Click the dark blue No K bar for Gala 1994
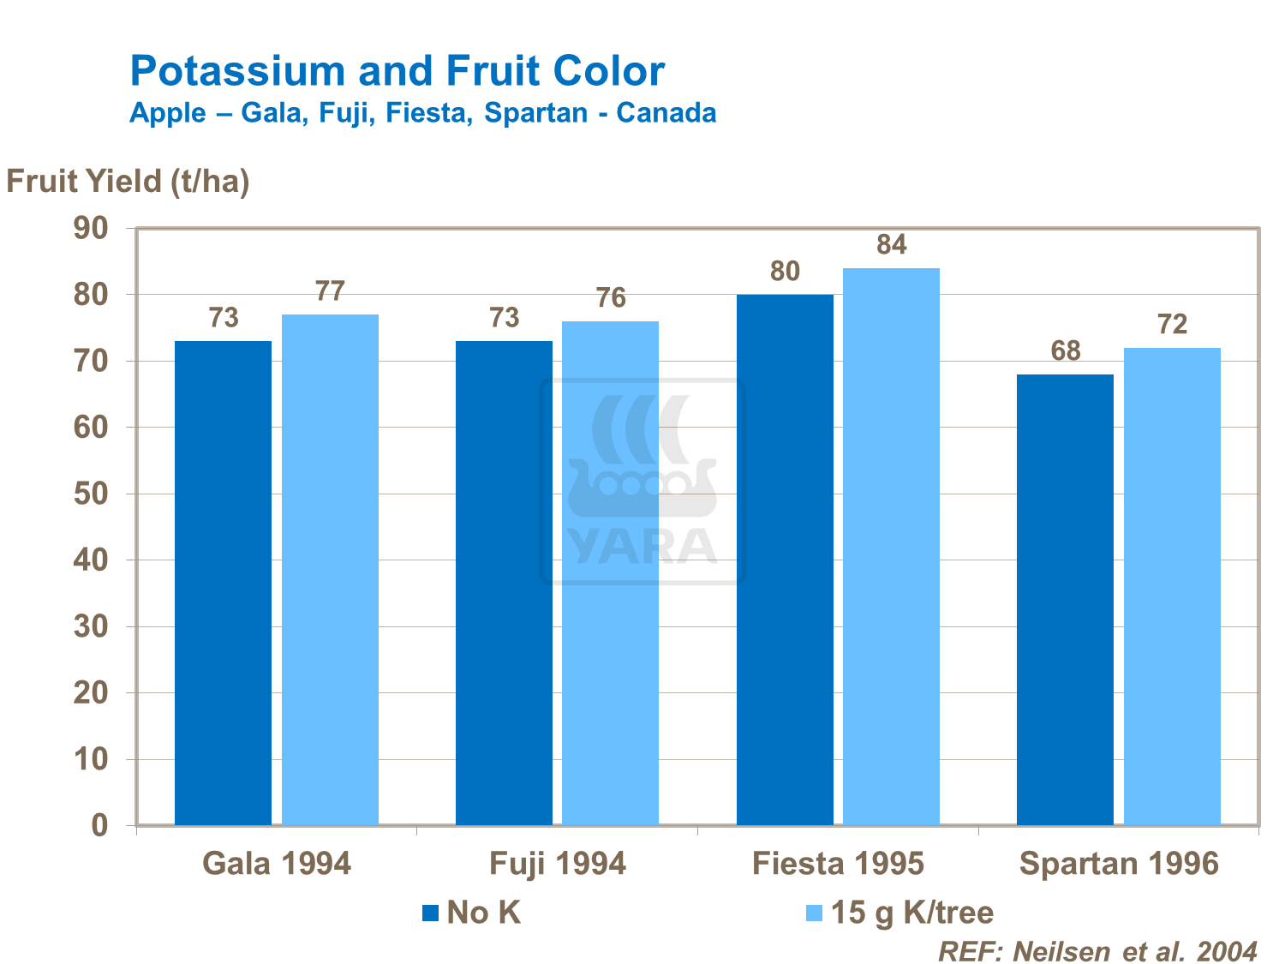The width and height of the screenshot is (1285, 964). pyautogui.click(x=223, y=583)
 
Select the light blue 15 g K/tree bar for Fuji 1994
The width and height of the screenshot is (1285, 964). pyautogui.click(x=610, y=573)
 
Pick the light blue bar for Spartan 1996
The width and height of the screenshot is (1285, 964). pyautogui.click(x=1172, y=586)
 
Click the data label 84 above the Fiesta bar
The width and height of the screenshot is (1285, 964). pyautogui.click(x=891, y=246)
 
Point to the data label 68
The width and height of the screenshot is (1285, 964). pyautogui.click(x=1065, y=351)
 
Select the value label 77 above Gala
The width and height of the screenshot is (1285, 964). pyautogui.click(x=330, y=292)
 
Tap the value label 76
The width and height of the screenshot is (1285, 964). pyautogui.click(x=611, y=298)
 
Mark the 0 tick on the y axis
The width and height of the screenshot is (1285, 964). pyautogui.click(x=99, y=826)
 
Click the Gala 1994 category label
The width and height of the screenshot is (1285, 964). pyautogui.click(x=277, y=864)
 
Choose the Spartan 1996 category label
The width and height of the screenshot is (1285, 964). pyautogui.click(x=1119, y=864)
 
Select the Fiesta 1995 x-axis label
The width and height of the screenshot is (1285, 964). pyautogui.click(x=838, y=864)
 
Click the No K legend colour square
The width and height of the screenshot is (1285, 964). pyautogui.click(x=430, y=913)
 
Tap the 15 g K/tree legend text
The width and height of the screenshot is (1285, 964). pyautogui.click(x=912, y=913)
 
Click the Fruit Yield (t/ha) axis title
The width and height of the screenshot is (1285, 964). pyautogui.click(x=128, y=182)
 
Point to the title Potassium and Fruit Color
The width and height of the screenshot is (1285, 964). pyautogui.click(x=397, y=71)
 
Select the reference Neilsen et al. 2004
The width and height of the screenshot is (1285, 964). pyautogui.click(x=1097, y=951)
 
